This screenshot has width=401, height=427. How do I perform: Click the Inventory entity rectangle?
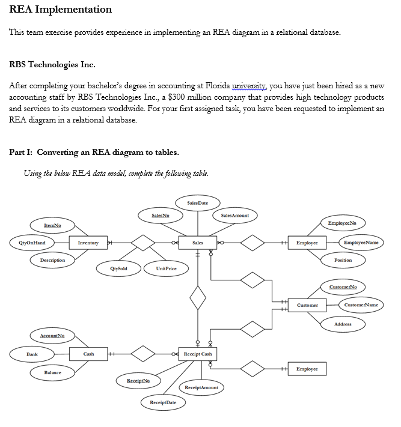point(88,243)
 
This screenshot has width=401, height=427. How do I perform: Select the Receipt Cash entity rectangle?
point(198,354)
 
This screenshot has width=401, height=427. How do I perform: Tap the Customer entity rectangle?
point(307,305)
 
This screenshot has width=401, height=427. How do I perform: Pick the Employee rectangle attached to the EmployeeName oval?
point(307,243)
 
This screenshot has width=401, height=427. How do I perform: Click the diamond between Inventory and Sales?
point(143,243)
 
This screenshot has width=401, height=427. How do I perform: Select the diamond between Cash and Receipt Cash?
point(143,354)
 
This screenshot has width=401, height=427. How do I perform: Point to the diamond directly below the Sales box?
point(198,297)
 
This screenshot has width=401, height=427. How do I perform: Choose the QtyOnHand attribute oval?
point(32,243)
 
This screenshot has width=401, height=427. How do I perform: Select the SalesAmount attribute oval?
point(235,215)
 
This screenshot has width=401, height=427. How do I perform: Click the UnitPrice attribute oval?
point(166,268)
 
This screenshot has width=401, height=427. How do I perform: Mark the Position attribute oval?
point(343,260)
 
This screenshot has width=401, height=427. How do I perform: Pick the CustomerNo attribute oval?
point(343,287)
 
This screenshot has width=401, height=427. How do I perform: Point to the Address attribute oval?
point(343,324)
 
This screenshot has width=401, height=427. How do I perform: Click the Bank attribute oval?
point(32,354)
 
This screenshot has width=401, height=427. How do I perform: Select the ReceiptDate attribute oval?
point(163,403)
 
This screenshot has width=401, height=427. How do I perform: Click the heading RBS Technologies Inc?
point(53,64)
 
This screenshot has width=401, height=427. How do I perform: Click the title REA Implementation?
point(61,10)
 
